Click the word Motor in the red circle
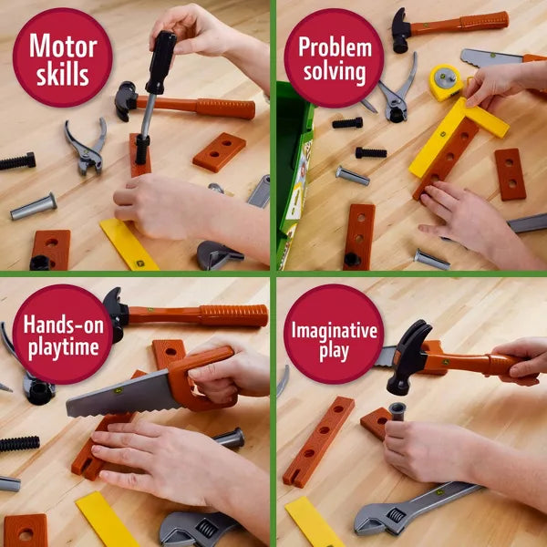pos(63,46)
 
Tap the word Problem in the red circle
pos(335,47)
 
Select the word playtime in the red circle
pos(63,348)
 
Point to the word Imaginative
pos(335,332)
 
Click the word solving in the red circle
pos(335,72)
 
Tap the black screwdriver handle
pos(160,62)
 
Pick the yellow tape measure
pos(446,82)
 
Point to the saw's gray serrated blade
pos(122,395)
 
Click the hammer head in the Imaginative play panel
pos(408,357)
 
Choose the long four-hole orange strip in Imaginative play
pos(318,441)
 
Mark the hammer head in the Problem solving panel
pos(400,31)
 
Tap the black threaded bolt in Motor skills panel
pos(17,161)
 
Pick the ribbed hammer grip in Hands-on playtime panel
pos(233,315)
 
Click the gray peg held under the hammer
pos(397,411)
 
